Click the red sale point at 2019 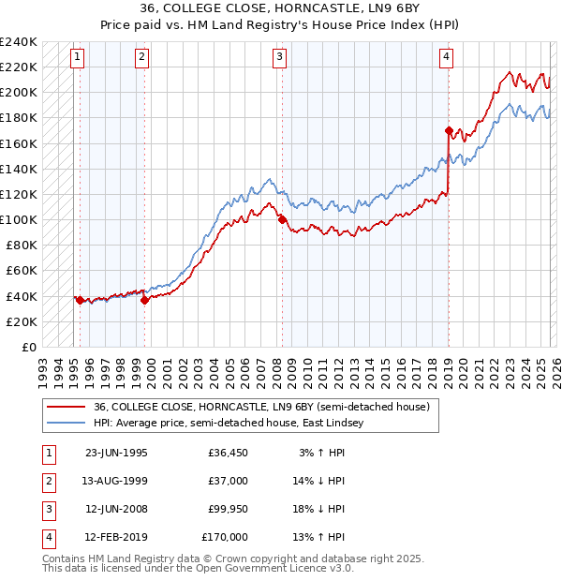449,130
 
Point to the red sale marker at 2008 282,220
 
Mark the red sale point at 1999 144,300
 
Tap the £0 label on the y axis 28,347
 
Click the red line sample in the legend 65,408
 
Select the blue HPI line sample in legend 65,424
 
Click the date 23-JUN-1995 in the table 116,453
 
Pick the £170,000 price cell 225,537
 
